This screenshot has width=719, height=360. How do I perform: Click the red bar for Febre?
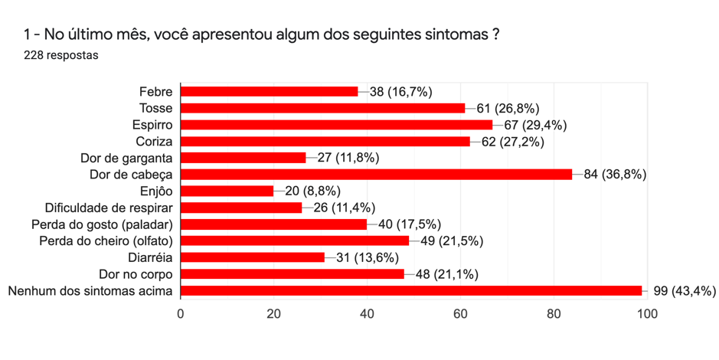269,92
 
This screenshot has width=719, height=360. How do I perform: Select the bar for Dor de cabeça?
376,175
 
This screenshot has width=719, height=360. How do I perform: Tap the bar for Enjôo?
227,191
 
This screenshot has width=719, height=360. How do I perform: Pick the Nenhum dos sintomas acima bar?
411,291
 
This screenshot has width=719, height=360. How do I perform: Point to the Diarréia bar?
253,257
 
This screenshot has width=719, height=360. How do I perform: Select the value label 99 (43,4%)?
685,291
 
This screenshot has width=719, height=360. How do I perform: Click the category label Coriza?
155,142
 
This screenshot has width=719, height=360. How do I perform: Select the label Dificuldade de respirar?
109,208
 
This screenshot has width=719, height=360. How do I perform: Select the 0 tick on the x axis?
181,313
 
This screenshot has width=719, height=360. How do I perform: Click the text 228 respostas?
61,56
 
